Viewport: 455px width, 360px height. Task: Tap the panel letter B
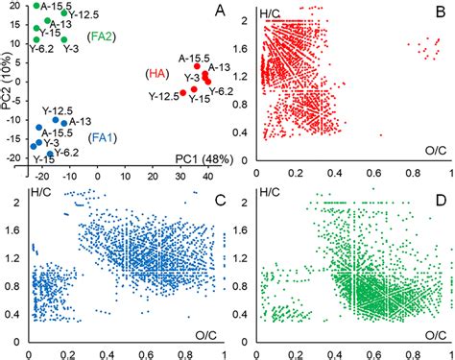click(439, 13)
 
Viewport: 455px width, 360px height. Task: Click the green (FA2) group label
click(101, 36)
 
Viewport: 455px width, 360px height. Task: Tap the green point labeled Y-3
click(63, 41)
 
